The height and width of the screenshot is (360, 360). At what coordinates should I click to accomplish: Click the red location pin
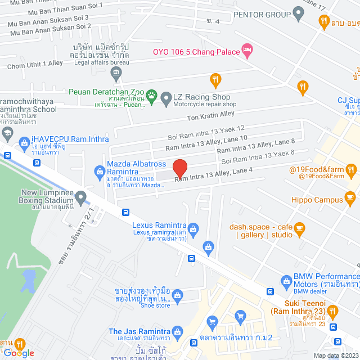point(179,168)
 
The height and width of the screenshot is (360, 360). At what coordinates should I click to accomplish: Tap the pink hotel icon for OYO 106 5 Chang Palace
point(246,51)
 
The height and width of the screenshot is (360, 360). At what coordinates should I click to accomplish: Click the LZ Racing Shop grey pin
point(166,99)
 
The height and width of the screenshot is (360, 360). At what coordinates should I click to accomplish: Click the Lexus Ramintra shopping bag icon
point(193,228)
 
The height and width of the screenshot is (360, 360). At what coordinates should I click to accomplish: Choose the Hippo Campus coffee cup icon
point(350,198)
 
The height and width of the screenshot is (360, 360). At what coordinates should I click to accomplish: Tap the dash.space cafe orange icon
point(299,228)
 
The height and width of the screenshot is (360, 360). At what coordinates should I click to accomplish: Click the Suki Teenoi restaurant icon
point(332,310)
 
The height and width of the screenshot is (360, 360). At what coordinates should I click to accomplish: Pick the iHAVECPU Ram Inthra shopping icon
point(24,143)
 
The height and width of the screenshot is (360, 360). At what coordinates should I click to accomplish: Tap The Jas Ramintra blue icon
point(178,331)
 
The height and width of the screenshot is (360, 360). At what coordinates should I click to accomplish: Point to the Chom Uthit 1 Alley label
point(35,65)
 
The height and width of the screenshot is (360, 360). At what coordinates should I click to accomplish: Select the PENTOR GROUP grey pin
point(298,14)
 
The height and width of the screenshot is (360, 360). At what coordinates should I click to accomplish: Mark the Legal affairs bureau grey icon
point(116,72)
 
